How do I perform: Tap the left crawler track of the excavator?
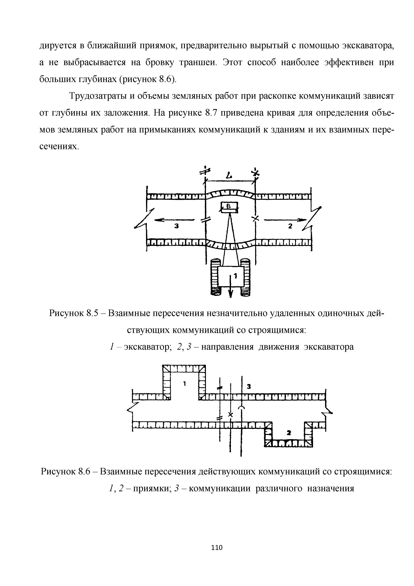[215, 278]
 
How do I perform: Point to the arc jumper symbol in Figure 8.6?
[241, 408]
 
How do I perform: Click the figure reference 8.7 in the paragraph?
[211, 113]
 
